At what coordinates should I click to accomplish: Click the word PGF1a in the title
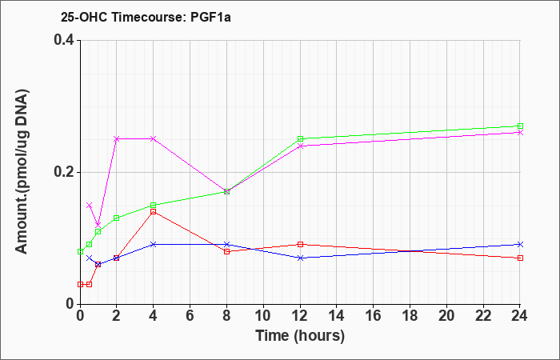coord(210,17)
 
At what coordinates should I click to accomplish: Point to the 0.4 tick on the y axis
coord(64,40)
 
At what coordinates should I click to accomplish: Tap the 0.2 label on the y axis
coord(64,172)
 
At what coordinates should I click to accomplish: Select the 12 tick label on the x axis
coord(300,316)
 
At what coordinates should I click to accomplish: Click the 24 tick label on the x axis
coord(520,316)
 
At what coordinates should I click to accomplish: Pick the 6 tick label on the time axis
coord(190,316)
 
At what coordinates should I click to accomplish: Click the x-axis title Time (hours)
coord(300,336)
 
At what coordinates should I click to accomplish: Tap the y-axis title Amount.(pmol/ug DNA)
coord(22,172)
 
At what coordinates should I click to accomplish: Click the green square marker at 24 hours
coord(520,126)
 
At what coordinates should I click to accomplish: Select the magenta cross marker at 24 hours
coord(520,133)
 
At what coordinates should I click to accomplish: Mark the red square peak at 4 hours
coord(154,212)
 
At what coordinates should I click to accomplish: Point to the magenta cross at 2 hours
coord(117,139)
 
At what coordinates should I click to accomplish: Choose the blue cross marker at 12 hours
coord(300,258)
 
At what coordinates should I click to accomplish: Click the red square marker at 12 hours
coord(300,244)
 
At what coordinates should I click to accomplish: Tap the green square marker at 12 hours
coord(300,139)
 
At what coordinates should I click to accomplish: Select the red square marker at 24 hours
coord(520,258)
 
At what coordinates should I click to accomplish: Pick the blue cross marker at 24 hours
coord(520,244)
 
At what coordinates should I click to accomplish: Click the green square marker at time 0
coord(80,251)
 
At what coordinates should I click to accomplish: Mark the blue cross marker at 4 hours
coord(154,244)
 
